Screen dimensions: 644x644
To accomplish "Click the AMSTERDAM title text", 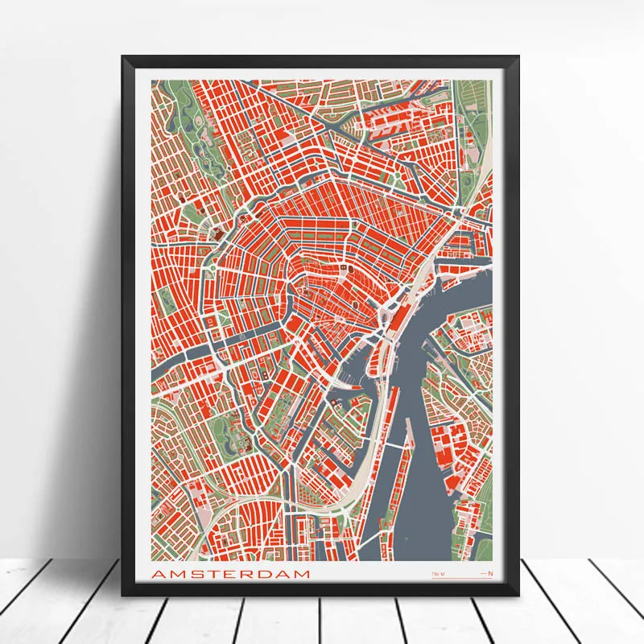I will point(230,574).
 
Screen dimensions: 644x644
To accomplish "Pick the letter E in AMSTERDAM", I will point(228,574).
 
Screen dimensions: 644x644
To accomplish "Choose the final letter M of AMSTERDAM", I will point(301,574).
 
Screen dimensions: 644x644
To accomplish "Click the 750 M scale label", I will point(437,573).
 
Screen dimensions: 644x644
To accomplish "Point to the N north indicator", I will point(489,573).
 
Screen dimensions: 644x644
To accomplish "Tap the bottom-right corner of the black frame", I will point(519,593).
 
